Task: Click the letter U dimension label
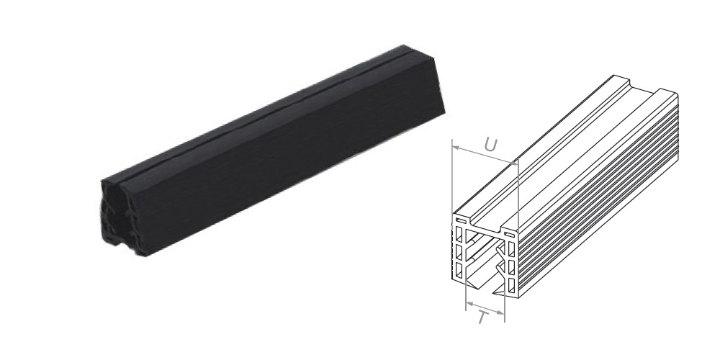(x=490, y=145)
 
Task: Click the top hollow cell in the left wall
(x=458, y=234)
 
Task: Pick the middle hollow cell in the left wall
(x=458, y=252)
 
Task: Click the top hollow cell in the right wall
(x=510, y=249)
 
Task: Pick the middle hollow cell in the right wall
(x=510, y=268)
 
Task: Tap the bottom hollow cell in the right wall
(x=510, y=285)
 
